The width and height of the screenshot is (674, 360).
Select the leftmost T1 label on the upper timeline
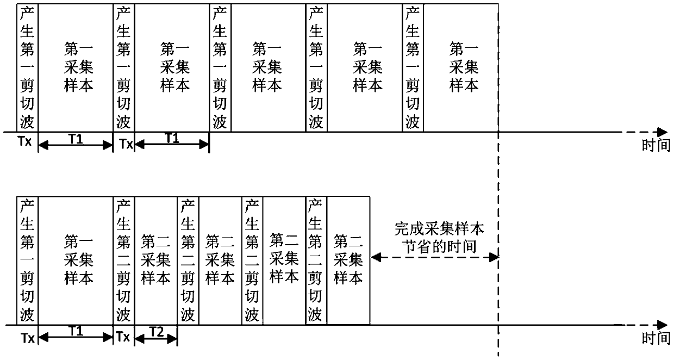pyautogui.click(x=76, y=139)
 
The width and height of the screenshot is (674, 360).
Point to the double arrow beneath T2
pyautogui.click(x=156, y=339)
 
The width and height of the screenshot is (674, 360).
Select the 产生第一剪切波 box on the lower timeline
pyautogui.click(x=28, y=261)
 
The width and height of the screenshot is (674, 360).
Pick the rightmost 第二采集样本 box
pyautogui.click(x=348, y=261)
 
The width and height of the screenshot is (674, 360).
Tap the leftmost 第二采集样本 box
pyautogui.click(x=156, y=261)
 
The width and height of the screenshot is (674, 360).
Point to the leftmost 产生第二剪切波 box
pyautogui.click(x=124, y=261)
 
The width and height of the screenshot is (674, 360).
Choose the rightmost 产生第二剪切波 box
pyautogui.click(x=316, y=261)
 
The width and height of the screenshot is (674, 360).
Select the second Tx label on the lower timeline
pyautogui.click(x=123, y=337)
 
